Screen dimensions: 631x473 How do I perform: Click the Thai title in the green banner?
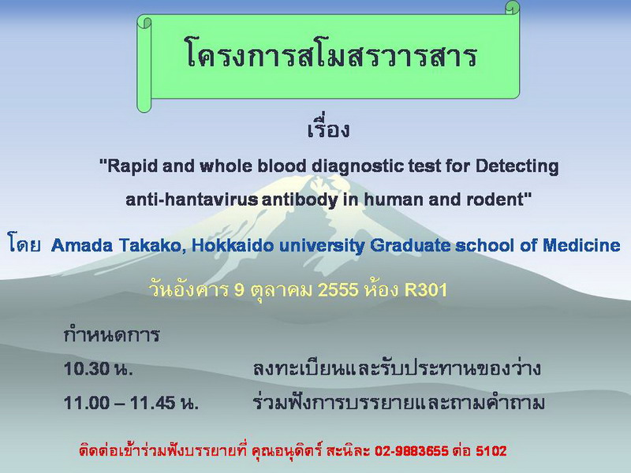(x=331, y=54)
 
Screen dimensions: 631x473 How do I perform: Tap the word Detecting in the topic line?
(x=517, y=166)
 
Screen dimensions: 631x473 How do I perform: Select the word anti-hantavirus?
(x=192, y=199)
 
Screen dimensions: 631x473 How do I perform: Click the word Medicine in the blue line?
(x=581, y=245)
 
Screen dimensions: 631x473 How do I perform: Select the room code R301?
(x=426, y=289)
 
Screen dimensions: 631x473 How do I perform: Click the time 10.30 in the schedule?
(x=87, y=369)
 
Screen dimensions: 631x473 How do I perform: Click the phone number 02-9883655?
(x=411, y=451)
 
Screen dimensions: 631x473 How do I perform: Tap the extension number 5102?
(x=491, y=451)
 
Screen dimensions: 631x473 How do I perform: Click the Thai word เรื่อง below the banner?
(x=328, y=128)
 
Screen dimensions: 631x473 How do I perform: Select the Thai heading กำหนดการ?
(x=111, y=334)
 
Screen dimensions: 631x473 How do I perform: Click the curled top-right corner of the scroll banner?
(x=512, y=8)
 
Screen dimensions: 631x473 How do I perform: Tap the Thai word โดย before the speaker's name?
(x=24, y=244)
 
